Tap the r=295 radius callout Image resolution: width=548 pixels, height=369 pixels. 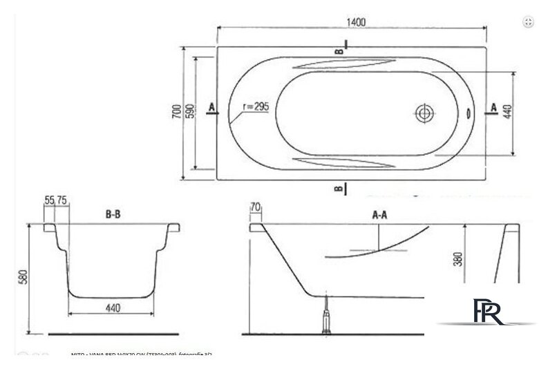click(256, 107)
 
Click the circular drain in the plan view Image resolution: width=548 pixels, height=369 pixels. click(424, 113)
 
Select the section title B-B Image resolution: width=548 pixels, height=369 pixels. click(114, 215)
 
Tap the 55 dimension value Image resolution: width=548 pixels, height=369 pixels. click(49, 200)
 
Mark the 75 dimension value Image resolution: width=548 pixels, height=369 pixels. click(61, 200)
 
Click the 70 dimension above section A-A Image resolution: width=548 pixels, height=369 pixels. click(254, 206)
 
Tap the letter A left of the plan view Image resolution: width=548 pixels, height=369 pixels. click(210, 106)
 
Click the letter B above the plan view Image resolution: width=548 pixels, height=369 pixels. click(339, 50)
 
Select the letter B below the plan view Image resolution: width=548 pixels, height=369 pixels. click(337, 188)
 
